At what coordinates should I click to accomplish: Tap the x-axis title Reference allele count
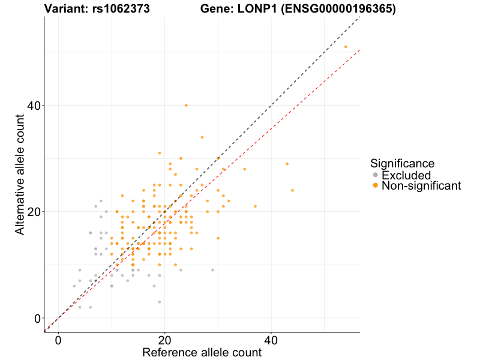coord(202,352)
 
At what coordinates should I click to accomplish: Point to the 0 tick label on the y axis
coord(36,319)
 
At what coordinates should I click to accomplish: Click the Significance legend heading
coord(402,163)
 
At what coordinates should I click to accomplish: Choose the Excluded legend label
coord(406,175)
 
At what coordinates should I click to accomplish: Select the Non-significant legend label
coord(421,186)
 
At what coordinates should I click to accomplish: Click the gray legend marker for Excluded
coord(376,175)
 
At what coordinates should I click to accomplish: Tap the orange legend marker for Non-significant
coord(376,186)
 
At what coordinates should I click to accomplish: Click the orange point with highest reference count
coord(346,47)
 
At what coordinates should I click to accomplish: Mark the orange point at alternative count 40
coord(186,105)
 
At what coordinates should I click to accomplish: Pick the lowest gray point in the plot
coord(160,302)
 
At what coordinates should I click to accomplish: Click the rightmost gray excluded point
coord(212,270)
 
